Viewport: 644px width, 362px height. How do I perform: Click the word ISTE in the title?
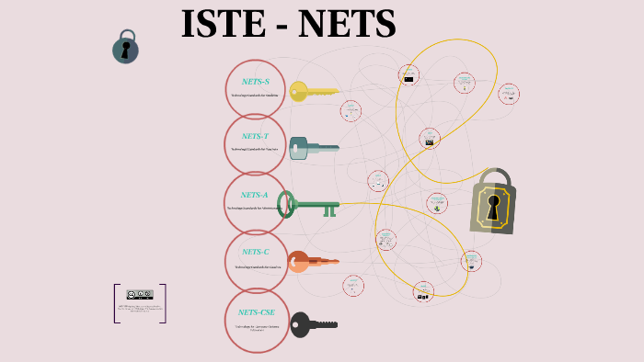222,25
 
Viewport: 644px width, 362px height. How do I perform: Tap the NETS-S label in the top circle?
256,82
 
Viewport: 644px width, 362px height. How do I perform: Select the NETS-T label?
256,137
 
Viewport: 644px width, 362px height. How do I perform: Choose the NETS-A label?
255,195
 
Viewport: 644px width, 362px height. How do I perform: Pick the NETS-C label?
256,252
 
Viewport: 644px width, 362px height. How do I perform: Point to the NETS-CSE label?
256,312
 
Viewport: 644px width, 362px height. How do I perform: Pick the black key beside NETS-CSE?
314,324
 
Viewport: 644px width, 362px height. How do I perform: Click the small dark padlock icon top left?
125,48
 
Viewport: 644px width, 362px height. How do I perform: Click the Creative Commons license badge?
140,295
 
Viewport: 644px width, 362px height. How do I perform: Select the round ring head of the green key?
286,204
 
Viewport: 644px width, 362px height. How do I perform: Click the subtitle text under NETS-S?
255,96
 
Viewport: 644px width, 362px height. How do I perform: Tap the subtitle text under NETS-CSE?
256,327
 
